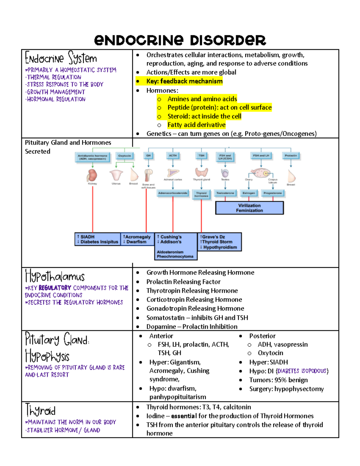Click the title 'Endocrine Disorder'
point(180,40)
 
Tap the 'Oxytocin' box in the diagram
point(124,156)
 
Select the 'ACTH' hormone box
point(173,156)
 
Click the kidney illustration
point(92,175)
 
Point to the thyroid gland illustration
point(201,172)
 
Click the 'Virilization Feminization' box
point(249,208)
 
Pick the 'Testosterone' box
point(225,193)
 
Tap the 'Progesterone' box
point(273,193)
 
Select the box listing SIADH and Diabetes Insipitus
point(97,239)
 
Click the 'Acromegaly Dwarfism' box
point(137,239)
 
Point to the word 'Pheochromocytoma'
point(175,257)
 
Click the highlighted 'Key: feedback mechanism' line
point(184,81)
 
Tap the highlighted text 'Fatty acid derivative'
point(196,125)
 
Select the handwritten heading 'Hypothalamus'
point(55,276)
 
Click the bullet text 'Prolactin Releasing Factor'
point(183,282)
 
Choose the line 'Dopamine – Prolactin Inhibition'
point(192,327)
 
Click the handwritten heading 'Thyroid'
point(40,410)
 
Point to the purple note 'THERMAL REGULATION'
point(54,77)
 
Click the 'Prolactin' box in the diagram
point(291,156)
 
